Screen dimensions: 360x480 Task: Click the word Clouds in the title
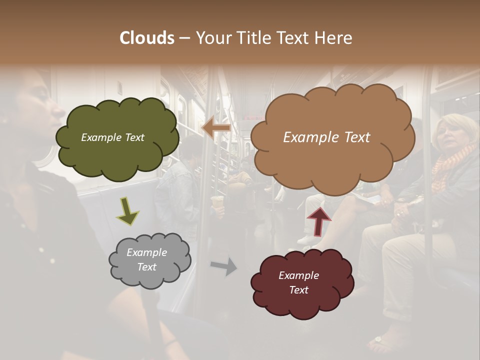[x=147, y=37]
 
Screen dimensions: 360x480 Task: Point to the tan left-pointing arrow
[x=215, y=128]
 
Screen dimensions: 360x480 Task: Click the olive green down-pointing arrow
[x=127, y=210]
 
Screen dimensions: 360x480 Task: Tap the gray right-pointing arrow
[x=223, y=266]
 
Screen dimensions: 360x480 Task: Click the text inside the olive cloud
[x=112, y=137]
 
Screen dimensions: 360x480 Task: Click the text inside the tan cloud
[x=326, y=137]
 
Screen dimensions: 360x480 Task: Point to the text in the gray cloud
[x=146, y=259]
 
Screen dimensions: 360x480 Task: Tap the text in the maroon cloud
[x=298, y=282]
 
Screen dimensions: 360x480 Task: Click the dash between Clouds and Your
[x=184, y=37]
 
